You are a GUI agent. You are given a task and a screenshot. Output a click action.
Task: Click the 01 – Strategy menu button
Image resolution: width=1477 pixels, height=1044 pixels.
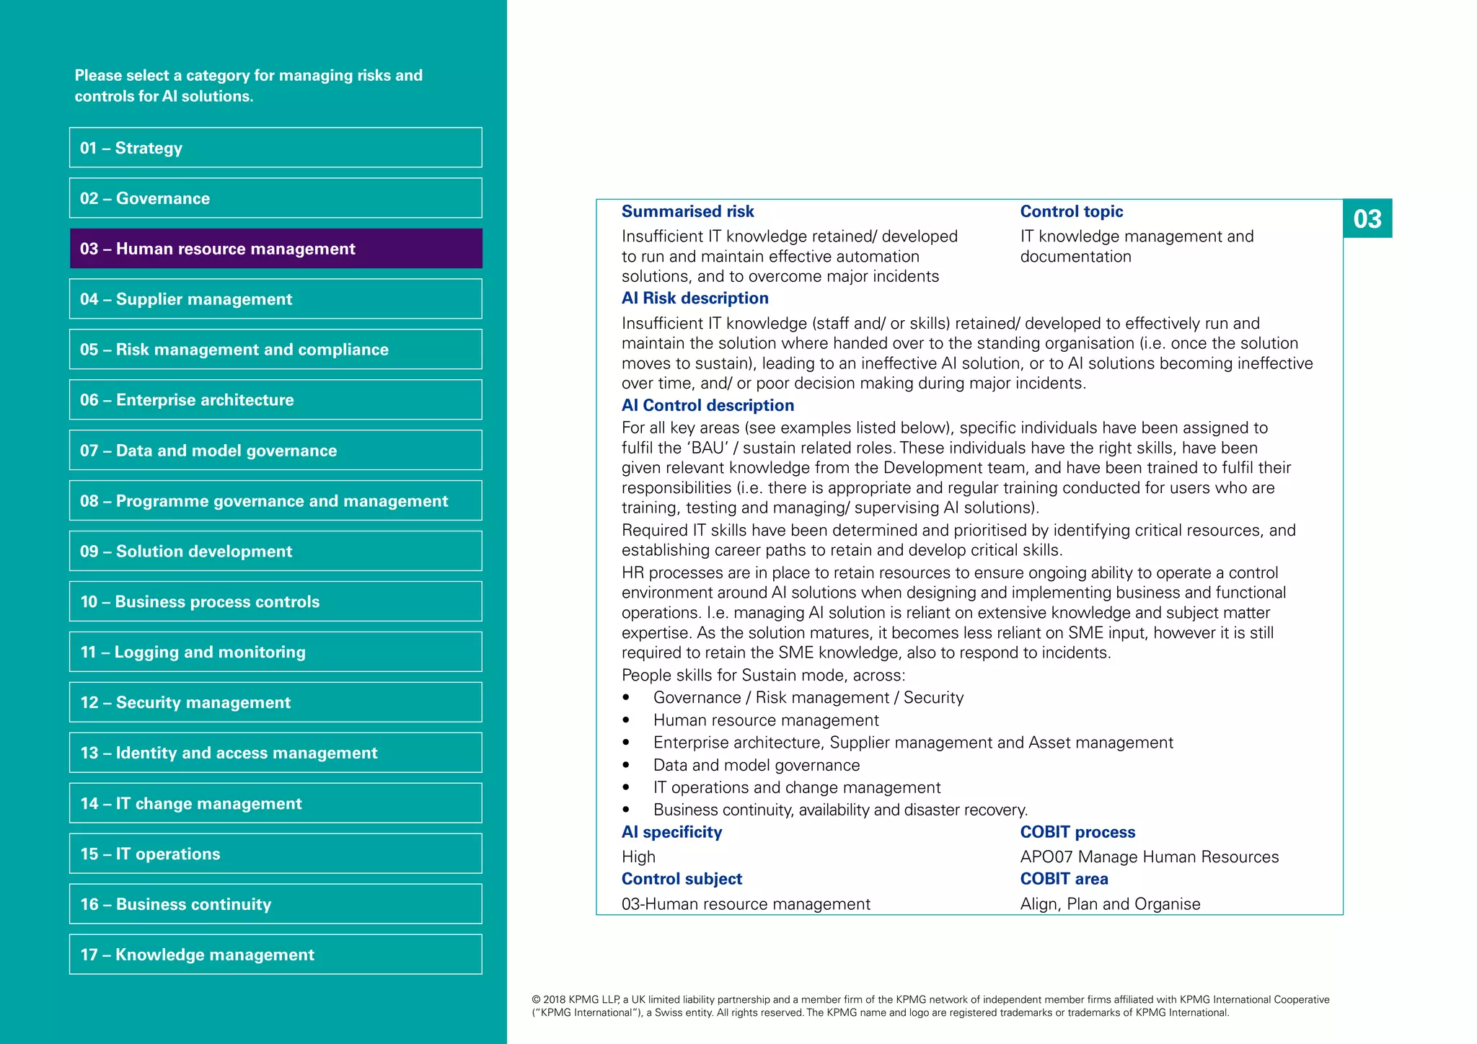pyautogui.click(x=275, y=148)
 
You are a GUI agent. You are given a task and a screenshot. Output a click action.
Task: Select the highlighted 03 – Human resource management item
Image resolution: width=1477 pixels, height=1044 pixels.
pyautogui.click(x=275, y=249)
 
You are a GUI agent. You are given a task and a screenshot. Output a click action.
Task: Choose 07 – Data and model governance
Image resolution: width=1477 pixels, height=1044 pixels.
pyautogui.click(x=275, y=451)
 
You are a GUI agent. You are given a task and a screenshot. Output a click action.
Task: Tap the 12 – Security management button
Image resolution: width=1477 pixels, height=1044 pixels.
pyautogui.click(x=275, y=702)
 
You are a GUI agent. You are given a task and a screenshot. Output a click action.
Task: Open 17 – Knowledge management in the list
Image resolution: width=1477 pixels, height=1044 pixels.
pyautogui.click(x=275, y=955)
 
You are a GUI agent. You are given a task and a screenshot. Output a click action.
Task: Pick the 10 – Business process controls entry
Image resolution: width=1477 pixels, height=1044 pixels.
pyautogui.click(x=275, y=601)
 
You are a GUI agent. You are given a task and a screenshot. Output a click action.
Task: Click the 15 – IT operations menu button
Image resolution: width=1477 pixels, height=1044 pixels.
pyautogui.click(x=275, y=854)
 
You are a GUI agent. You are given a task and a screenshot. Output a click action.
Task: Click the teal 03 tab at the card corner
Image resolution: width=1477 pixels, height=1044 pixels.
pyautogui.click(x=1367, y=218)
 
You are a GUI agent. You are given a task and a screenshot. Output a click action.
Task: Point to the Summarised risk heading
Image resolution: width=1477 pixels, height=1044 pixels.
pyautogui.click(x=687, y=211)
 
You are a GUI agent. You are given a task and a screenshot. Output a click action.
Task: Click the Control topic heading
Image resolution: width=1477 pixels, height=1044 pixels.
pyautogui.click(x=1071, y=211)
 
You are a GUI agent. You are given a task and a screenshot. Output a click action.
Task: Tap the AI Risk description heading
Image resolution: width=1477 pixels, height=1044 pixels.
pyautogui.click(x=695, y=298)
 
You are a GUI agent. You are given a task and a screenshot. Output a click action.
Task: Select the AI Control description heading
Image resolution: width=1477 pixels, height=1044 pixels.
pyautogui.click(x=707, y=405)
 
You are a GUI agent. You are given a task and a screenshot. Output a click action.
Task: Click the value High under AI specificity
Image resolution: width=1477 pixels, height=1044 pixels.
pyautogui.click(x=638, y=857)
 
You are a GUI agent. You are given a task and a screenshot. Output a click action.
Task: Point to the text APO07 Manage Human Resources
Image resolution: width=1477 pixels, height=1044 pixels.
pyautogui.click(x=1149, y=857)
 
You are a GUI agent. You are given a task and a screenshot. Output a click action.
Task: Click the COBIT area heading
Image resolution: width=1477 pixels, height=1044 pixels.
pyautogui.click(x=1064, y=879)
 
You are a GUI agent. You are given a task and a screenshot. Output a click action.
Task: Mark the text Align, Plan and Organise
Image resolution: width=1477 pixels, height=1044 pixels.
pyautogui.click(x=1110, y=904)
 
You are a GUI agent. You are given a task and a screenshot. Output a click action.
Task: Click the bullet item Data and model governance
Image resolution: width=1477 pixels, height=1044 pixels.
pyautogui.click(x=756, y=765)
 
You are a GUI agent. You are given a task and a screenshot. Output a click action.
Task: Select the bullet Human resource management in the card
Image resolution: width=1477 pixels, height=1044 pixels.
pyautogui.click(x=765, y=720)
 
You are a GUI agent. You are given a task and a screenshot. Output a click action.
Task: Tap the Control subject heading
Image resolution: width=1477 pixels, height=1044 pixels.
pyautogui.click(x=682, y=879)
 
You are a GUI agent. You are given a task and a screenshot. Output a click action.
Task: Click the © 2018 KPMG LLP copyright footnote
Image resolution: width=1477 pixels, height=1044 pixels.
pyautogui.click(x=930, y=1006)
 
